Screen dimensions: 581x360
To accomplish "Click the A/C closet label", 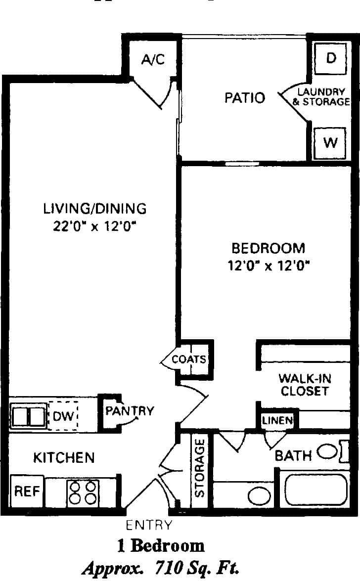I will (152, 60).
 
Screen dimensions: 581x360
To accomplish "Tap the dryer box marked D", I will (331, 58).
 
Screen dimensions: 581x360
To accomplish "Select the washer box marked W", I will (330, 143).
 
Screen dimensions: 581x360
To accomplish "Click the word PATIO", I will (245, 97).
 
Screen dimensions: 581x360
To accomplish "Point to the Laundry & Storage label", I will (321, 97).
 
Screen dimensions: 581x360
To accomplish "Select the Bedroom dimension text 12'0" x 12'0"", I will (268, 266).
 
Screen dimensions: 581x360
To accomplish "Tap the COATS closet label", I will (189, 359).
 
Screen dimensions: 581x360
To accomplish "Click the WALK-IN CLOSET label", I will (305, 385).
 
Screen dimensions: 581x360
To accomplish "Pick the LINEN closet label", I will (277, 421).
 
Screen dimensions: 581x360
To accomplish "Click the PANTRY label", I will (130, 410).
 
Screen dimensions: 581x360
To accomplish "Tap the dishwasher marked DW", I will (63, 416).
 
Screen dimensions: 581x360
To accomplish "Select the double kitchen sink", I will (28, 416).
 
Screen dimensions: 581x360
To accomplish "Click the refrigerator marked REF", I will (27, 492).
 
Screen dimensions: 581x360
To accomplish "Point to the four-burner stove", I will (83, 492).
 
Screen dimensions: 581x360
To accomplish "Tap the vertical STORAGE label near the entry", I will (200, 468).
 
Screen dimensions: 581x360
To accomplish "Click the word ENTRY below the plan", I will (149, 525).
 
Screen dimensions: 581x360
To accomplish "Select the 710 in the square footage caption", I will (171, 567).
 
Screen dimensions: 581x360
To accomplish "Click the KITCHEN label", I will (64, 457).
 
